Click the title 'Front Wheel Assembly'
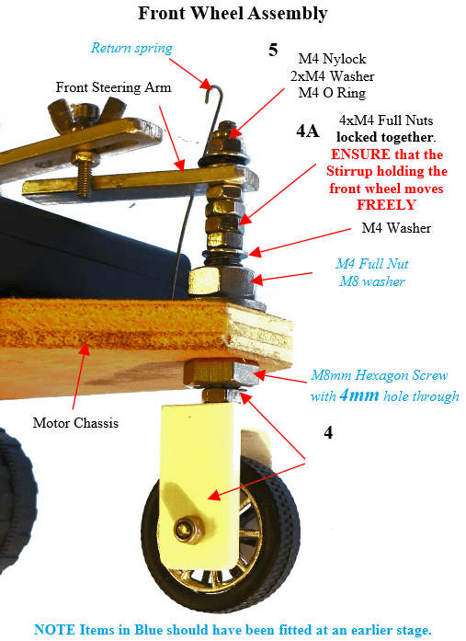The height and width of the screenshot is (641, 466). pos(233,14)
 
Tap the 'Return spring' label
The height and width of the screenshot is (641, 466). pos(131,48)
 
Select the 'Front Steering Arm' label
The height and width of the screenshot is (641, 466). pos(113,87)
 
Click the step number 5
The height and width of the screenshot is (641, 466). pos(273,50)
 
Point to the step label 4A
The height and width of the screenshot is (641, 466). pos(308,131)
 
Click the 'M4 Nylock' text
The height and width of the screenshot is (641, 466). pos(332,59)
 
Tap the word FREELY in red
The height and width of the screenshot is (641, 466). pos(386,204)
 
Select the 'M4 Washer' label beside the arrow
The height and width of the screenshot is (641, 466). pos(396,228)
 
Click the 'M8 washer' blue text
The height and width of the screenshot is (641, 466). pos(371,281)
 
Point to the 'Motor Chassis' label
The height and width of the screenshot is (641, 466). pos(75,423)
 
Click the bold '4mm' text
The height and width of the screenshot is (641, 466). pos(359,395)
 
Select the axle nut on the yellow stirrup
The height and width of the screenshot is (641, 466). pos(188,530)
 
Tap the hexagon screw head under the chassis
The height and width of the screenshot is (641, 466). pos(222,372)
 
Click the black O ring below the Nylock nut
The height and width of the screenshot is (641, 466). pos(223,159)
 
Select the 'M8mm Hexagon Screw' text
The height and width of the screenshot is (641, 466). pos(379,375)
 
